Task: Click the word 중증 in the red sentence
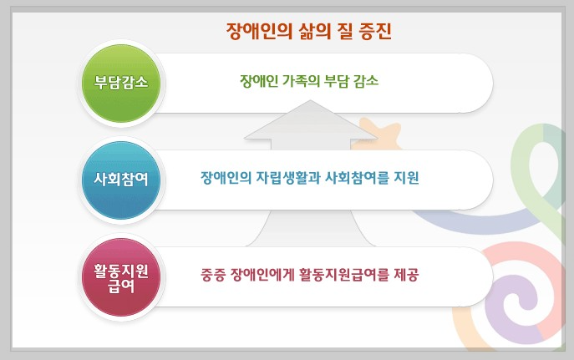click(x=215, y=274)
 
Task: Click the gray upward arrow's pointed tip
click(x=310, y=104)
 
